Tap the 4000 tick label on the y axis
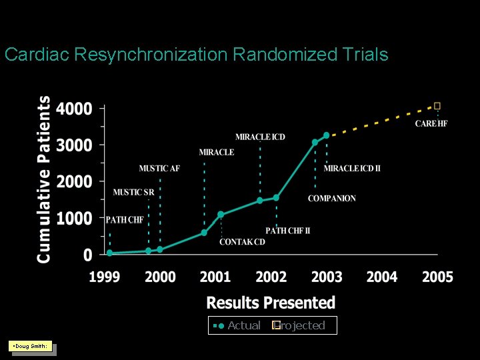74,109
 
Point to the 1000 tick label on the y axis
74,219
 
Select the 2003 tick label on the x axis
327,277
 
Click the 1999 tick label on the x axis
105,277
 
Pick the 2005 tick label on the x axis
437,277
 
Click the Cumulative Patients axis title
44,179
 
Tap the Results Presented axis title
271,303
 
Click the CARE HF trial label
431,123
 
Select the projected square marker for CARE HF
437,105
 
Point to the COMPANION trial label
331,198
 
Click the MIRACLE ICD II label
352,168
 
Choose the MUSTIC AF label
159,168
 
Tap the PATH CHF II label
287,231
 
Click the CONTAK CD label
242,241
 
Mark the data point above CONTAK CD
221,215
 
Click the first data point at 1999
110,253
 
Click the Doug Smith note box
30,346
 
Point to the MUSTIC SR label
133,192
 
